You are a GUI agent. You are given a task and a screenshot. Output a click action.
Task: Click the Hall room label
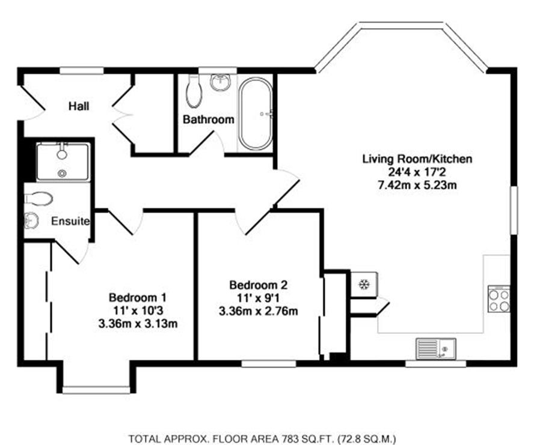pyautogui.click(x=79, y=106)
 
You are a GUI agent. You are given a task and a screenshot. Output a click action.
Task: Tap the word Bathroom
pyautogui.click(x=209, y=120)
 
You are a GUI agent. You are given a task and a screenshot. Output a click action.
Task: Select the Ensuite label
pyautogui.click(x=70, y=221)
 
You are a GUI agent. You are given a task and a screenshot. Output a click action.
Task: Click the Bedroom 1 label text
pyautogui.click(x=138, y=297)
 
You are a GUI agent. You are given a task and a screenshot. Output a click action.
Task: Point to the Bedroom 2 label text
pyautogui.click(x=259, y=285)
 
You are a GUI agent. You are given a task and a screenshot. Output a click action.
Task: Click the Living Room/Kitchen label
pyautogui.click(x=417, y=159)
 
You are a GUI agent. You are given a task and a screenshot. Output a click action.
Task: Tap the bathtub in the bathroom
pyautogui.click(x=256, y=114)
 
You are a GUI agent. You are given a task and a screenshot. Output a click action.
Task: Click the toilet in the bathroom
pyautogui.click(x=193, y=91)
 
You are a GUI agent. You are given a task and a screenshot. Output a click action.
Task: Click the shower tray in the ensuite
pyautogui.click(x=63, y=162)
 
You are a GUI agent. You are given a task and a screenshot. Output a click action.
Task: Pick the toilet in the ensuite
pyautogui.click(x=38, y=199)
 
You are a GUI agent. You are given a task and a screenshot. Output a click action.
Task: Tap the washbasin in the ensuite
pyautogui.click(x=31, y=220)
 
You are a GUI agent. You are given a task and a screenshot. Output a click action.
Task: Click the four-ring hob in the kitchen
pyautogui.click(x=499, y=298)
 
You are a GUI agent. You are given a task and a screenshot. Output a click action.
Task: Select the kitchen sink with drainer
pyautogui.click(x=436, y=349)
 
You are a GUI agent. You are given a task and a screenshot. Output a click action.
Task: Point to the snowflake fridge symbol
pyautogui.click(x=363, y=285)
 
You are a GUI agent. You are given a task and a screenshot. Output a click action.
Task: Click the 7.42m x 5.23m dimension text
pyautogui.click(x=417, y=185)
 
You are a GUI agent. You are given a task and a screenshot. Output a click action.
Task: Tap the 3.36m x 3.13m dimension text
pyautogui.click(x=138, y=323)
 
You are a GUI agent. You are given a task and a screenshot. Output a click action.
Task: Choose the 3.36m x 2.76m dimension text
pyautogui.click(x=259, y=311)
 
